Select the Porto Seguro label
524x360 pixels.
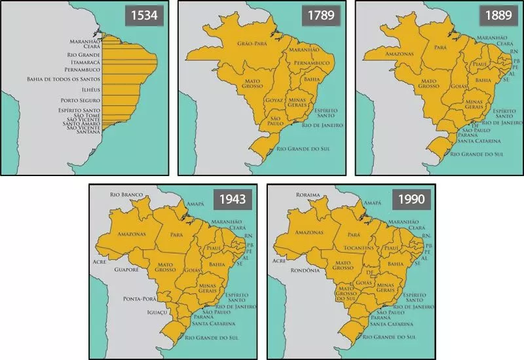coord(79,100)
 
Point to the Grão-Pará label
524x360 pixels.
coord(240,44)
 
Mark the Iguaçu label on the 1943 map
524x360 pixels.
coord(158,312)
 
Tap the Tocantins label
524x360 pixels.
coord(358,249)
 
